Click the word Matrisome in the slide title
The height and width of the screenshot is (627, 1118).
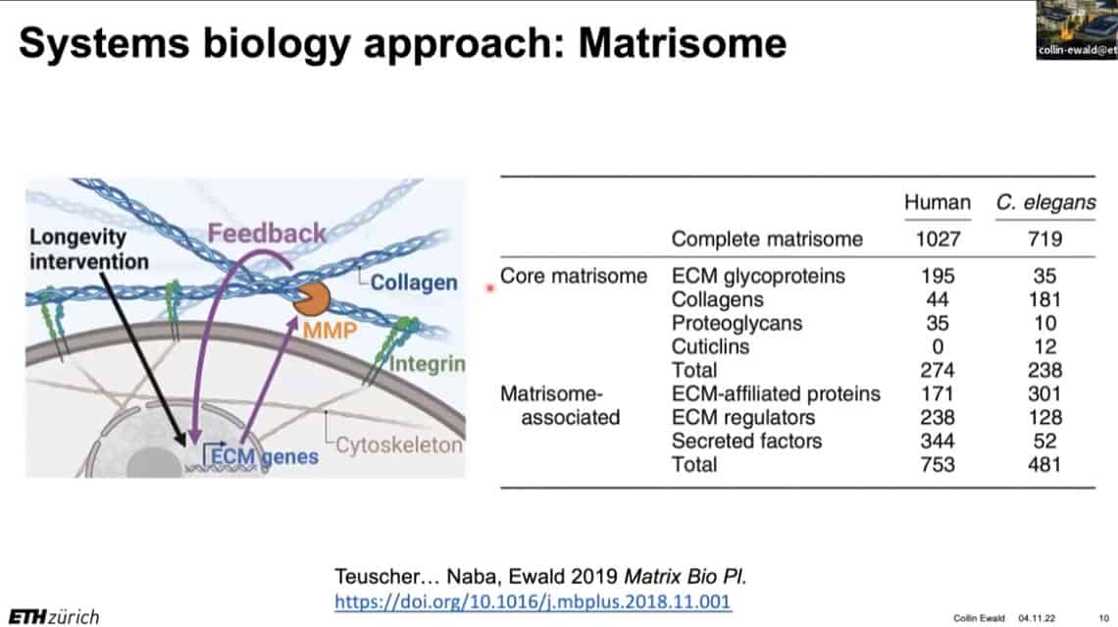[683, 43]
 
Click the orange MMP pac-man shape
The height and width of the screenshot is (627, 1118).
[312, 299]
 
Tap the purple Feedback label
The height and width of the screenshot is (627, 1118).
[267, 234]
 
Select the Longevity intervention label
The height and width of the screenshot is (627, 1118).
[88, 249]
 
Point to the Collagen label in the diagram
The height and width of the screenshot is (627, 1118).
[414, 283]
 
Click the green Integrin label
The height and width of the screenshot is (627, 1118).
[427, 364]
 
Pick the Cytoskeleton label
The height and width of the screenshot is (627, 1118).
[399, 445]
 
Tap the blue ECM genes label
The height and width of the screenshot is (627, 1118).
[265, 456]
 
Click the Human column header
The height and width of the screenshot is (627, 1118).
[937, 202]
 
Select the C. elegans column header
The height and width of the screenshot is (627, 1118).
[1045, 202]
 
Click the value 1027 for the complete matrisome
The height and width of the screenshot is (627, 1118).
[938, 239]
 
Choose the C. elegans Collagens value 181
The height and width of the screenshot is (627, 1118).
[1044, 299]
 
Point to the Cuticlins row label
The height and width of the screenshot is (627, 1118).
[710, 346]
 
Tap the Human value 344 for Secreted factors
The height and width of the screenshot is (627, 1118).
[937, 441]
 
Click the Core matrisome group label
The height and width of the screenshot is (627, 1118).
[574, 276]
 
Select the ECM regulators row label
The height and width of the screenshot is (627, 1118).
[743, 417]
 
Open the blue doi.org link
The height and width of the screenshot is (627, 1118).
[533, 601]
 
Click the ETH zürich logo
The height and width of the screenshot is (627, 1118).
[54, 616]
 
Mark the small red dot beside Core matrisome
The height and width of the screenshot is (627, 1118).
[489, 288]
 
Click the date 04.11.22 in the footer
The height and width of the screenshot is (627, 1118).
[1036, 618]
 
